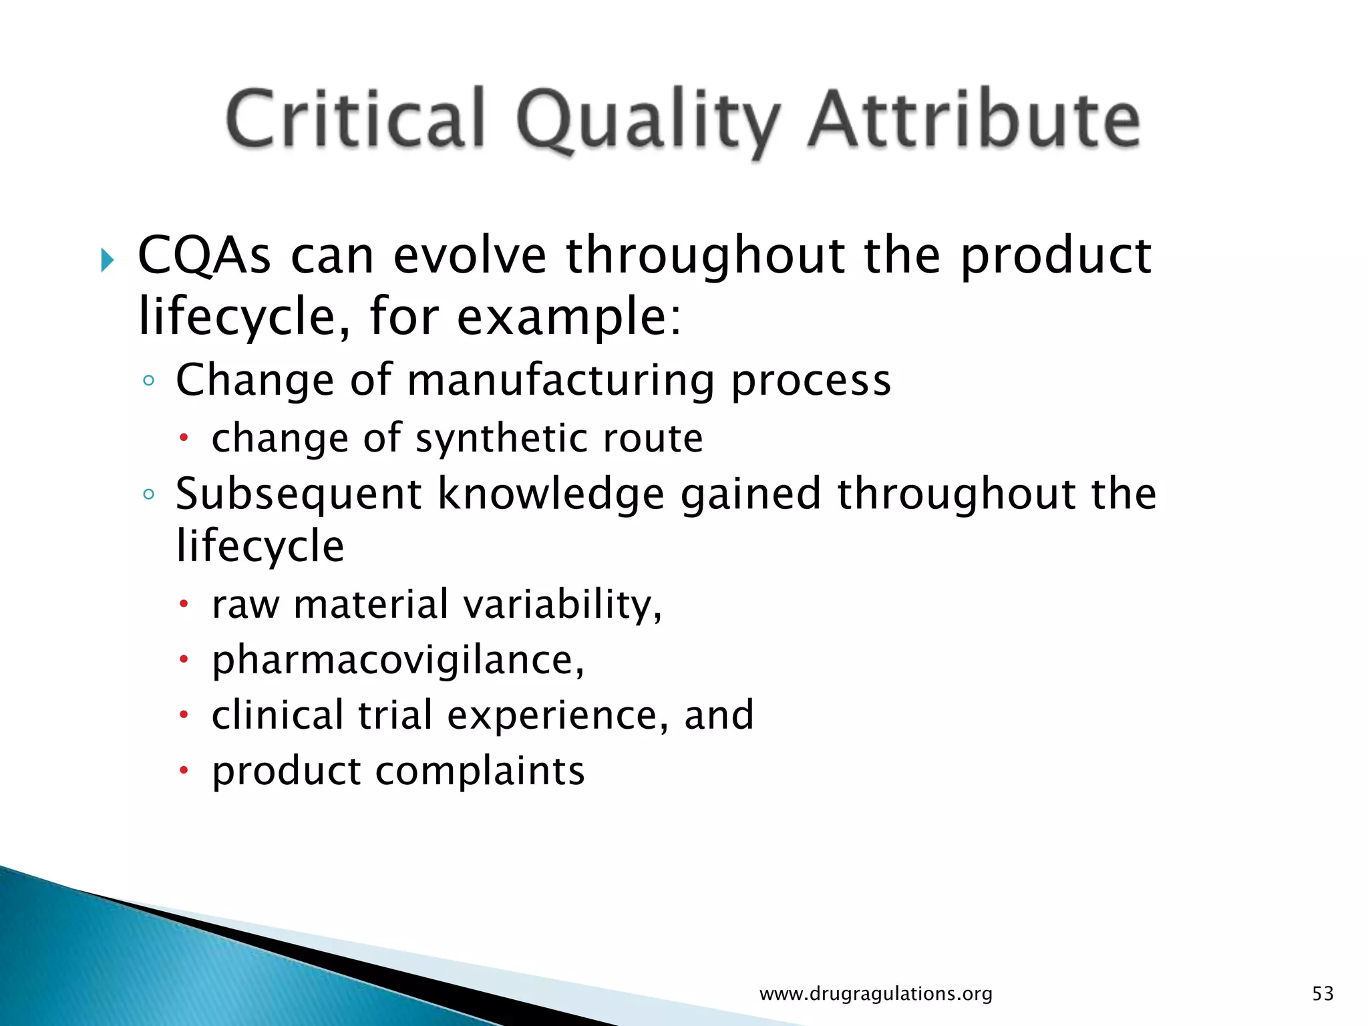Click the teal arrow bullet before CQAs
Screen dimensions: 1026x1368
tap(107, 259)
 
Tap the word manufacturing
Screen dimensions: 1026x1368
tap(560, 380)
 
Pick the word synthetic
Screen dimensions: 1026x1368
tap(501, 438)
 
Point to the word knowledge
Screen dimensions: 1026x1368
tap(551, 494)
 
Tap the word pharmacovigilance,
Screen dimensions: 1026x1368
tap(398, 660)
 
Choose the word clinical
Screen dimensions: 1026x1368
tap(277, 715)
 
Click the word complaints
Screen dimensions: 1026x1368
tap(480, 771)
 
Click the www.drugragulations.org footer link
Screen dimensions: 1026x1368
tap(876, 994)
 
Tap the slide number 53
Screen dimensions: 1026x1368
tap(1323, 994)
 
